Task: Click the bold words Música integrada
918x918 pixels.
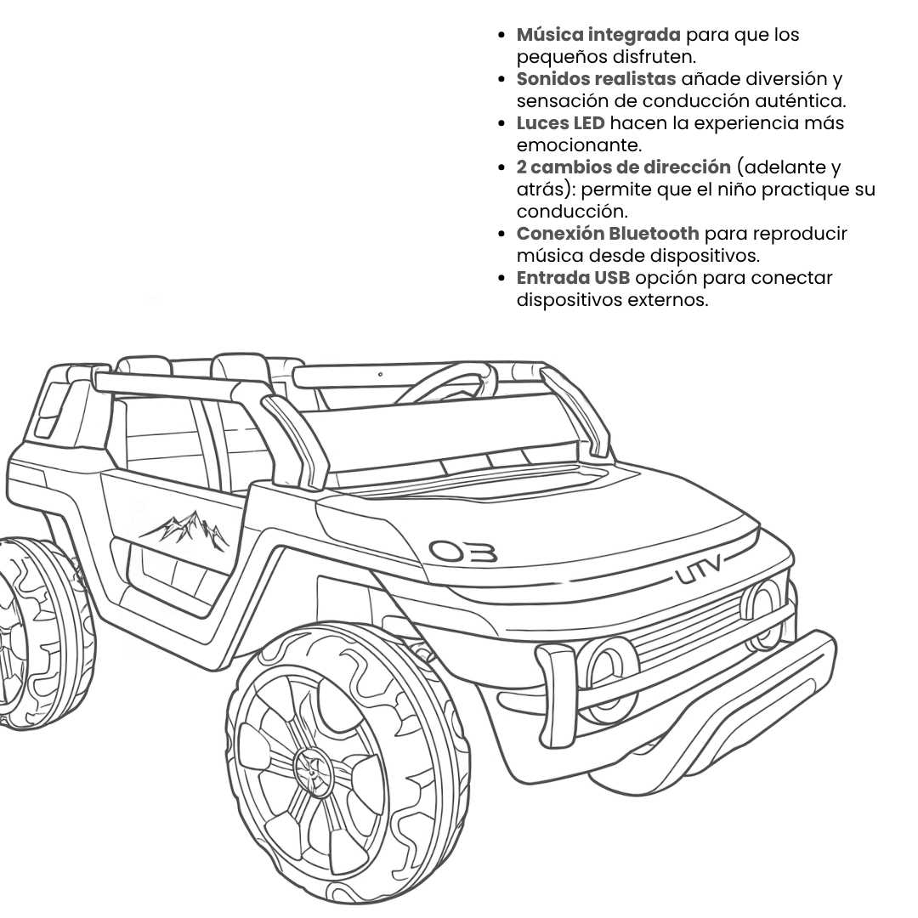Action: point(598,35)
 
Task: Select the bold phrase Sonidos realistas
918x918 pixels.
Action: point(596,79)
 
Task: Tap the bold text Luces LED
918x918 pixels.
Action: point(560,123)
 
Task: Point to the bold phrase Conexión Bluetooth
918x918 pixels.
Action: point(608,234)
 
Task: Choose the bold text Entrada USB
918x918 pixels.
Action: point(573,278)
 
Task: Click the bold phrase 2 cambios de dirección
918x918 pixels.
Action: point(623,167)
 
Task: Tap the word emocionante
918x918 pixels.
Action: point(579,145)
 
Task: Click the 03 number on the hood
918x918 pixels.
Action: point(463,552)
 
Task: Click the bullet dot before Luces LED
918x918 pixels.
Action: point(501,124)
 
